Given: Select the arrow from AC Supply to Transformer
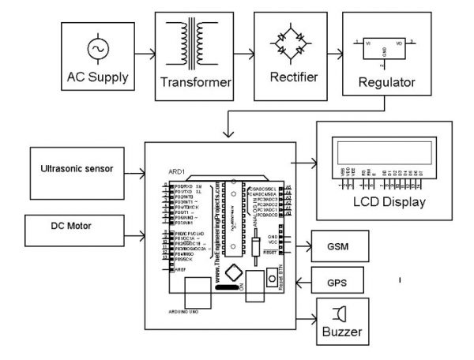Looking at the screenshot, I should tap(145, 56).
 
